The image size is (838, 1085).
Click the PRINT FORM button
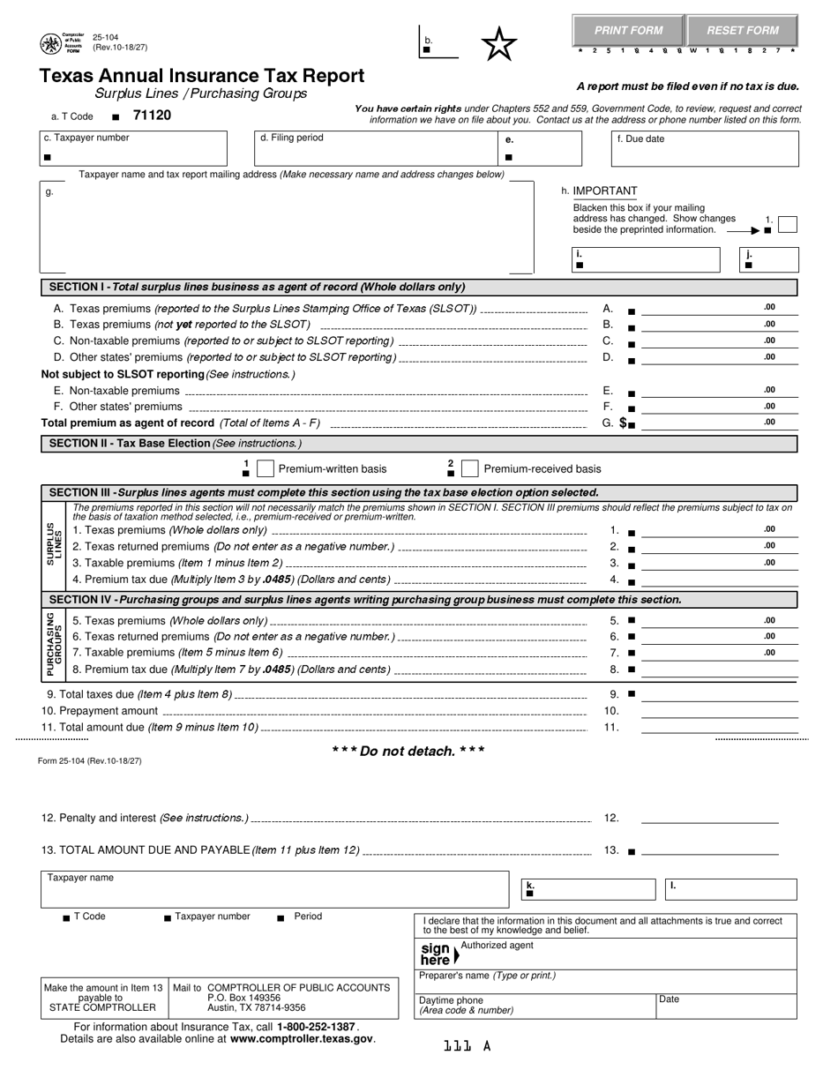(x=628, y=30)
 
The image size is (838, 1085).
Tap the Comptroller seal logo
(x=51, y=44)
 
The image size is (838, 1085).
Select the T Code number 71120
(x=152, y=116)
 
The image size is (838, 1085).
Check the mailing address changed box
(x=788, y=224)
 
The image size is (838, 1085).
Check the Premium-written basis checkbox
(x=265, y=468)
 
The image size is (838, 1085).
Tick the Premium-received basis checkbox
(x=470, y=468)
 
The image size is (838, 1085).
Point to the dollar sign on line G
(x=624, y=423)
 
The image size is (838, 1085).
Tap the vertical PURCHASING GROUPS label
(x=54, y=644)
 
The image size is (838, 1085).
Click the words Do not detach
(x=408, y=751)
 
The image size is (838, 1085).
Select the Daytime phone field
(x=536, y=1006)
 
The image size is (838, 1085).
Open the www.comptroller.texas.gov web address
(x=302, y=1039)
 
